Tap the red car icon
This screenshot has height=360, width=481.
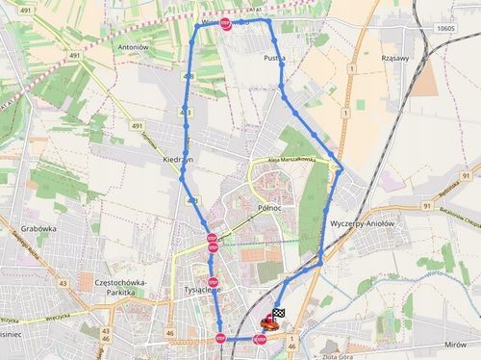(270, 325)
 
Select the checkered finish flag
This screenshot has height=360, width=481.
(279, 314)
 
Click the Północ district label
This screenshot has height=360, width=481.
(268, 207)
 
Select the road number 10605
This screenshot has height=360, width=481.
(444, 29)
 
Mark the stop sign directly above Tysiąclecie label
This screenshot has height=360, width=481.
(212, 282)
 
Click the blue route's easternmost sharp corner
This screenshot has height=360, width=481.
(342, 170)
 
